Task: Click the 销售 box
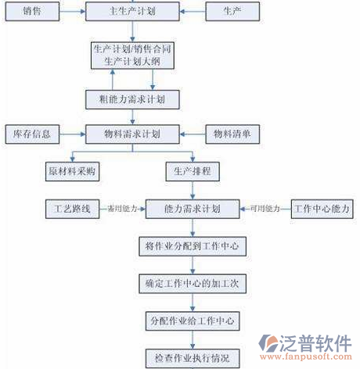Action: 32,12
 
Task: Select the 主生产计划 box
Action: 132,12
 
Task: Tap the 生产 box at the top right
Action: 232,12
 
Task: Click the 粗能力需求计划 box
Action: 132,99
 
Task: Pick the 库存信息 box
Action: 32,134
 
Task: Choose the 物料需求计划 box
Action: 132,134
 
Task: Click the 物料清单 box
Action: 232,134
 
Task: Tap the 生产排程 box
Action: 193,170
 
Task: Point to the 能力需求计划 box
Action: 193,209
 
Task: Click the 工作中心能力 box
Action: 320,209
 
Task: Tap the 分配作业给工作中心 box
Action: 193,321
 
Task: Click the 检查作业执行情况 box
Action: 193,358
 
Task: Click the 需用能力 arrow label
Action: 121,209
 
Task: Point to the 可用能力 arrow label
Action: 265,209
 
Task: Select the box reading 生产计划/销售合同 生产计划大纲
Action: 132,55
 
